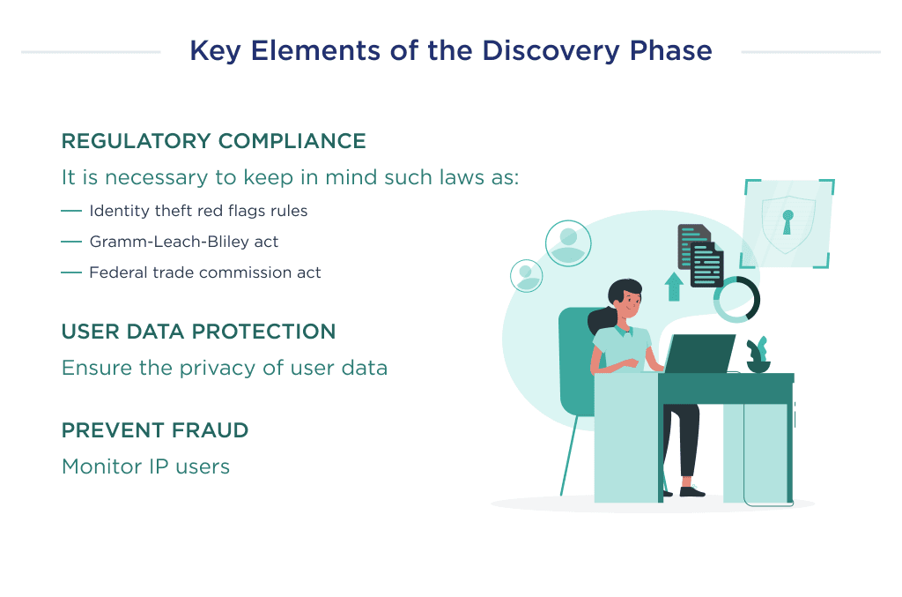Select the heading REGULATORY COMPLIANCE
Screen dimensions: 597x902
tap(213, 141)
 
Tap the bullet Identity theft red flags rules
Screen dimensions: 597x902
tap(198, 211)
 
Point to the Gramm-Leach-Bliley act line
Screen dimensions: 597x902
tap(183, 241)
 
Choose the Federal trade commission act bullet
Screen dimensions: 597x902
tap(204, 272)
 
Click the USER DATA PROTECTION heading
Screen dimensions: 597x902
tap(198, 332)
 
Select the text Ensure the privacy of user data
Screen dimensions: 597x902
tap(224, 367)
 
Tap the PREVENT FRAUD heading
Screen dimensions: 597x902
tap(155, 430)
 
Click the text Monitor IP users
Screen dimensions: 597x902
tap(145, 466)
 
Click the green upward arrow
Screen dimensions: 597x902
tap(674, 286)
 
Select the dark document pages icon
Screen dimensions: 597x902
tap(701, 255)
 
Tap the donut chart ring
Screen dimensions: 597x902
tap(736, 300)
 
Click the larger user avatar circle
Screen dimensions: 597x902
tap(568, 243)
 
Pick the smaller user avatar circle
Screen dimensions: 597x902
tap(527, 275)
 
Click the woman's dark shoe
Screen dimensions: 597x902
tap(691, 489)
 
